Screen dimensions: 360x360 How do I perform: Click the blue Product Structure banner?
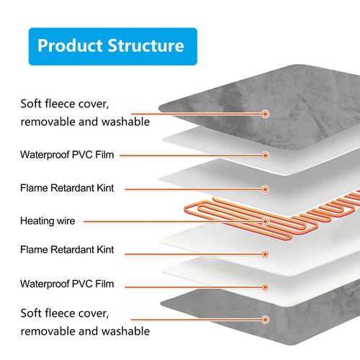pos(110,46)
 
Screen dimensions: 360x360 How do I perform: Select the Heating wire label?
pos(48,221)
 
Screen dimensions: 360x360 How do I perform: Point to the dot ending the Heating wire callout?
pos(265,221)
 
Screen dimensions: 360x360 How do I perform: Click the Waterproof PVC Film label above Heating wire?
pos(67,155)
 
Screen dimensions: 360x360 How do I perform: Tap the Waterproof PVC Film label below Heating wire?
pos(67,284)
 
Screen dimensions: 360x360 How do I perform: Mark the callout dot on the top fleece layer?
pos(266,114)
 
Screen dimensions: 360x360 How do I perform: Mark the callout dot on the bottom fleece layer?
pos(266,319)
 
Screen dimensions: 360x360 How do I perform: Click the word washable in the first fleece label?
pos(122,122)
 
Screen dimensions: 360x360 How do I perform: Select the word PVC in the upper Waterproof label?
pos(90,155)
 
